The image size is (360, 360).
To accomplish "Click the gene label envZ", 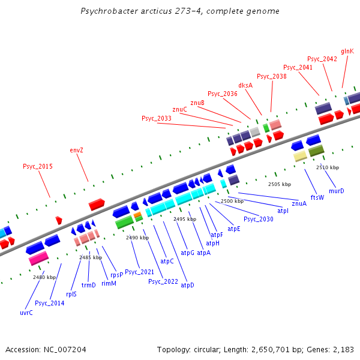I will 76,150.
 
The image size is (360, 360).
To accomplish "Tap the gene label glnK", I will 347,52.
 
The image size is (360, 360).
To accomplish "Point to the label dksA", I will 245,85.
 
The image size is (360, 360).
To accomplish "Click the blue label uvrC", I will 26,313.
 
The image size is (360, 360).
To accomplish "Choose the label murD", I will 337,191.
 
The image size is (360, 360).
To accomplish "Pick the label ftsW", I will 317,197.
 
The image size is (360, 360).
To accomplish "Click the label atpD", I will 187,285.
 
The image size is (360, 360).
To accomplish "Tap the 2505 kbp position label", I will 279,184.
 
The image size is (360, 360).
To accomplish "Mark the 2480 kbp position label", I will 44,277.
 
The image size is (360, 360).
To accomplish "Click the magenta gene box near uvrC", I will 39,257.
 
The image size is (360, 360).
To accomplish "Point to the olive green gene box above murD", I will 316,151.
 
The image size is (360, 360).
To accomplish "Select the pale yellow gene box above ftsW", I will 300,156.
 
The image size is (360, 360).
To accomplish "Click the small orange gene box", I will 137,214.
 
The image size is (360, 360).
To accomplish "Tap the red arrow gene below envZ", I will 97,205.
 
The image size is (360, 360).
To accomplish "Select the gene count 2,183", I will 341,349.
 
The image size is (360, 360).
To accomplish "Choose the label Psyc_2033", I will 157,119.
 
